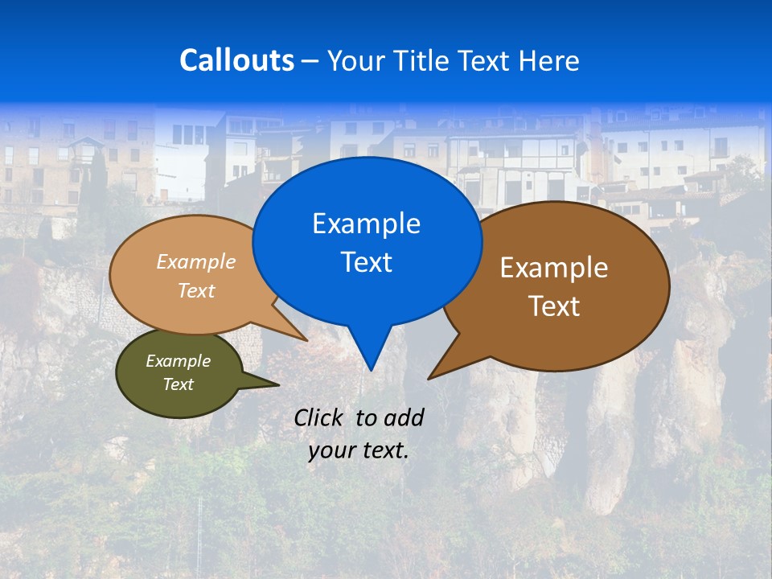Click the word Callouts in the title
pos(236,60)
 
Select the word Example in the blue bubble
pos(366,224)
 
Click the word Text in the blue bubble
pos(366,262)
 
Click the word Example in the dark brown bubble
pos(554,268)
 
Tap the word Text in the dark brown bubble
pos(554,306)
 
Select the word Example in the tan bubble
pos(196,261)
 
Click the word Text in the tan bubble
pos(196,290)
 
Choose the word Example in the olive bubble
pos(179,361)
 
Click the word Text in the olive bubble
pos(179,384)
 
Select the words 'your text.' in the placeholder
pos(359,450)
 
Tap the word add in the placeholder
pos(404,417)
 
